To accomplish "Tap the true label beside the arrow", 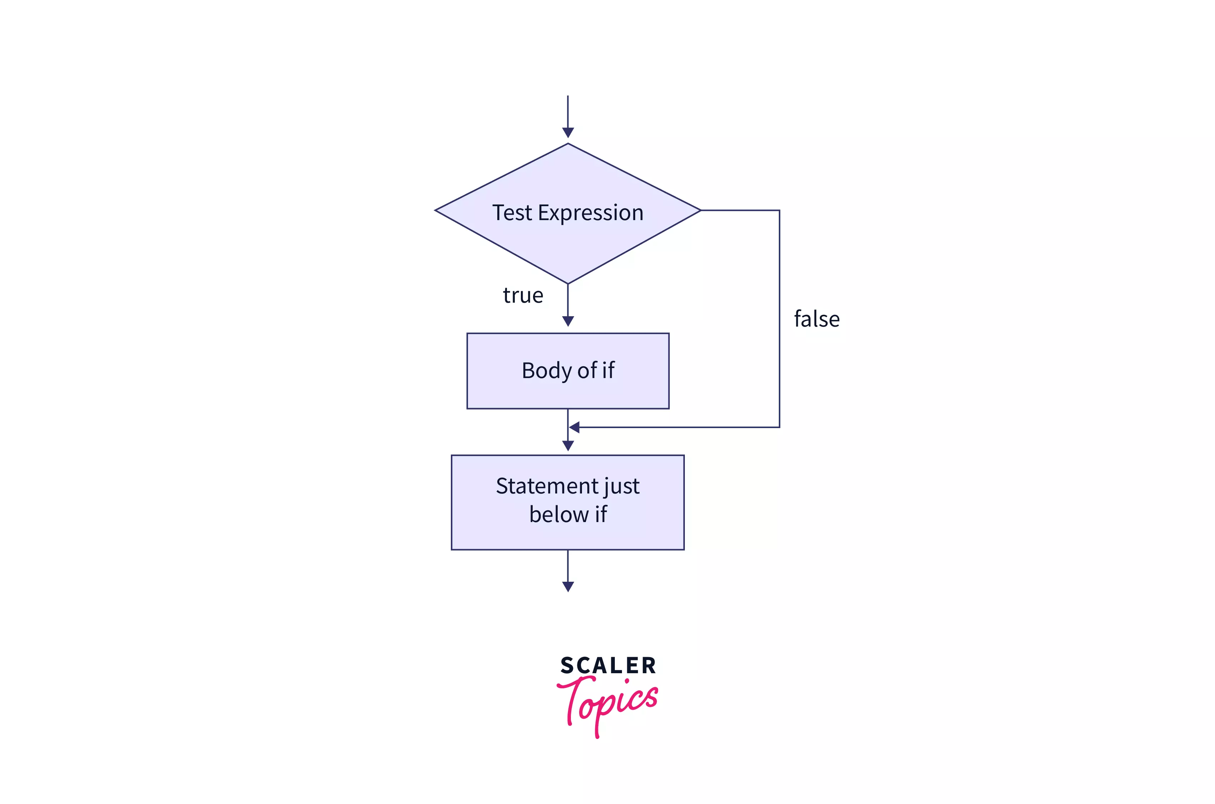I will [523, 296].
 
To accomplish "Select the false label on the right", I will [817, 319].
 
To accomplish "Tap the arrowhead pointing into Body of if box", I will [568, 321].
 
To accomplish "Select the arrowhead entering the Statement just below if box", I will [568, 446].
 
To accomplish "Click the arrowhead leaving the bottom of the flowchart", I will [568, 587].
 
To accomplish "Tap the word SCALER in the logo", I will [608, 666].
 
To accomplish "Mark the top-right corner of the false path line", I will [779, 210].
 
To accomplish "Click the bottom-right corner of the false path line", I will [779, 427].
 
